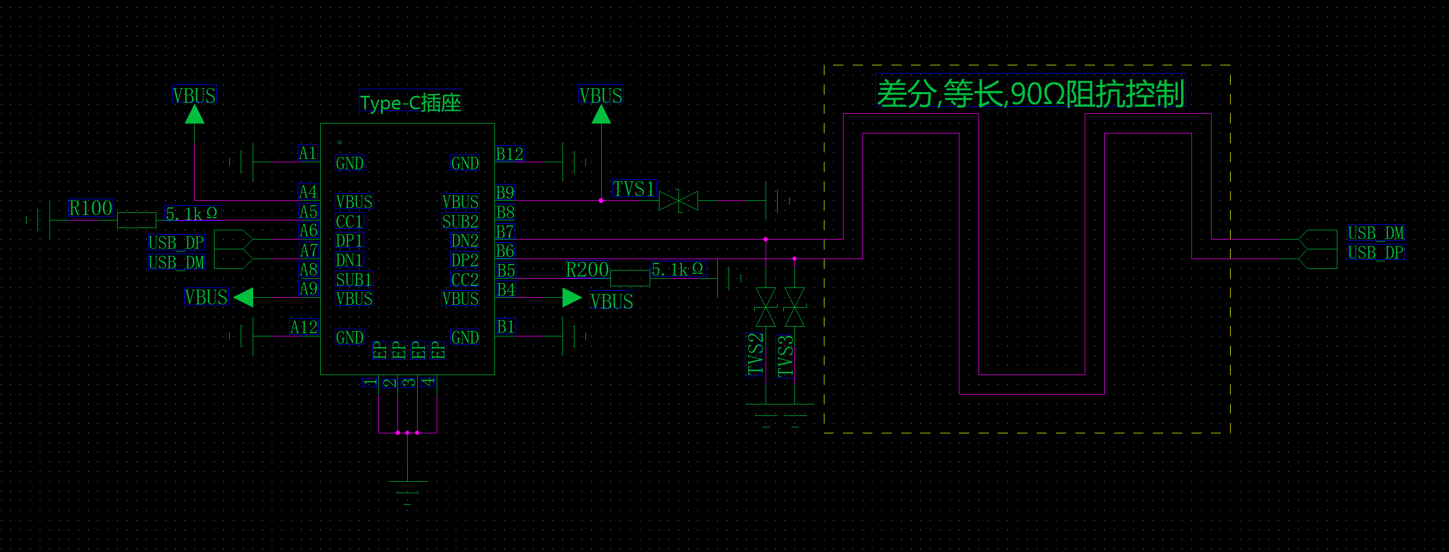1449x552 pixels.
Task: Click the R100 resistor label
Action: (90, 208)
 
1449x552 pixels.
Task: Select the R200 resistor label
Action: (587, 270)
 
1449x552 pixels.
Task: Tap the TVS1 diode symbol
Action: (678, 201)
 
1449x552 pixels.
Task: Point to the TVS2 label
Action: (754, 354)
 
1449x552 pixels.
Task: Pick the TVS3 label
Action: (785, 356)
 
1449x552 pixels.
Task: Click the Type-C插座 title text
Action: (410, 102)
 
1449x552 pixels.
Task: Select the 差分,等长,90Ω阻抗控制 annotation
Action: (1030, 93)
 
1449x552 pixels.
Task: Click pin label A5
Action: (308, 212)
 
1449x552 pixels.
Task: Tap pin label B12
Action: (510, 154)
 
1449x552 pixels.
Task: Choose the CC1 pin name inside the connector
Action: (349, 222)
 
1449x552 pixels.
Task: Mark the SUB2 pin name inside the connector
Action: (460, 222)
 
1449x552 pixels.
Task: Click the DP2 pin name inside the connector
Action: (464, 260)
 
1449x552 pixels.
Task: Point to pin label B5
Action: (506, 271)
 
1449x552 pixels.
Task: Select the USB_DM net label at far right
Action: (1375, 232)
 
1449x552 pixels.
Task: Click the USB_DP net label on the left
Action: (176, 243)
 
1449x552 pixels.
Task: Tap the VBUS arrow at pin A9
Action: (243, 297)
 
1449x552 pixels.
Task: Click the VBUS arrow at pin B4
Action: (572, 298)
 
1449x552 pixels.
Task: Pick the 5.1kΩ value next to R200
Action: (677, 269)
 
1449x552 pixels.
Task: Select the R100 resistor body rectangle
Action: (137, 220)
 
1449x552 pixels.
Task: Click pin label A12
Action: (304, 327)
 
